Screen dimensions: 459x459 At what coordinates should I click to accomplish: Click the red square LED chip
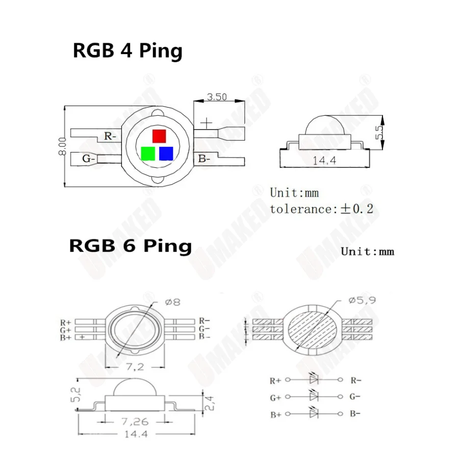[x=159, y=136]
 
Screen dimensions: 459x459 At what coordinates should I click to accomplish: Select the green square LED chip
[x=148, y=154]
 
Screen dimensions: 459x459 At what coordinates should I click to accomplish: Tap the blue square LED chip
[x=166, y=154]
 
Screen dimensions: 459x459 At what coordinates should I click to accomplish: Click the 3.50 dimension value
[x=217, y=97]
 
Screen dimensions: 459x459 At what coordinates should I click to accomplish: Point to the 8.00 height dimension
[x=62, y=146]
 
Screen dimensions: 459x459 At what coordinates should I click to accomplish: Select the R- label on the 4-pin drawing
[x=110, y=136]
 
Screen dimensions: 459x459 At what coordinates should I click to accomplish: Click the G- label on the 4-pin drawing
[x=89, y=159]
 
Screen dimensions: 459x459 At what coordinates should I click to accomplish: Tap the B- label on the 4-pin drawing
[x=204, y=159]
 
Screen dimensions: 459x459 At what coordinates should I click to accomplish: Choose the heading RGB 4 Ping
[x=127, y=51]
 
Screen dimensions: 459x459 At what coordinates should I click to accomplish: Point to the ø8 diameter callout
[x=173, y=301]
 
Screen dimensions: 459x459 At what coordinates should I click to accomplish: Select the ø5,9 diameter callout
[x=362, y=301]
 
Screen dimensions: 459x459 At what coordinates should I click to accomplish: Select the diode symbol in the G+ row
[x=314, y=396]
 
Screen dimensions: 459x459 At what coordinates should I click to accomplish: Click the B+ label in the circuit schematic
[x=275, y=415]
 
